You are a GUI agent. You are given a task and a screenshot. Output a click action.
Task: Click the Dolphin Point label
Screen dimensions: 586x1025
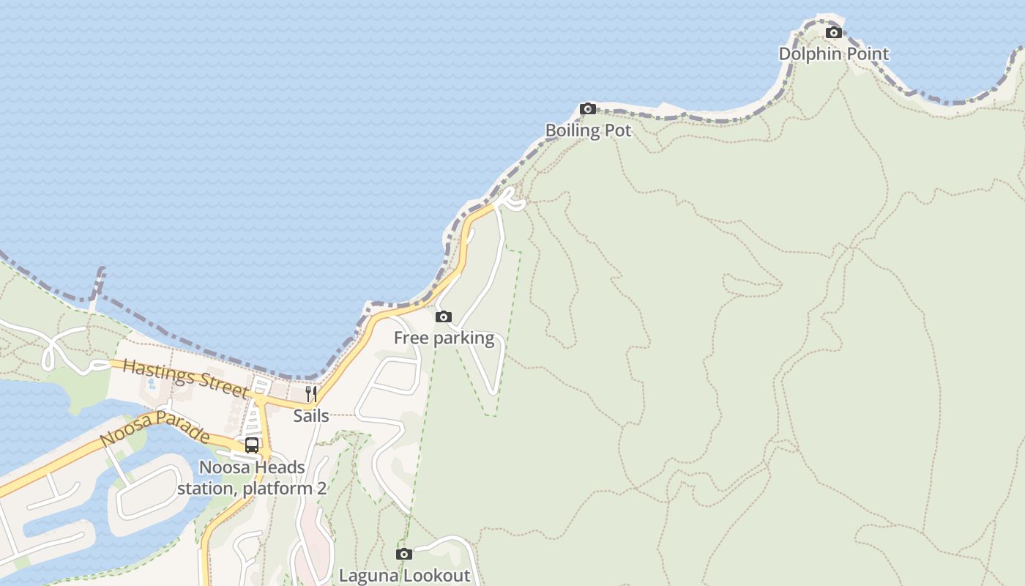pos(833,53)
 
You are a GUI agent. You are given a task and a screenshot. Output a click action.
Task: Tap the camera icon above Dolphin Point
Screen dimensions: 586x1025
pos(833,32)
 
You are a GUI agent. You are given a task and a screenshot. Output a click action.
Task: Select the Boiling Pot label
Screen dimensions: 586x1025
pos(588,130)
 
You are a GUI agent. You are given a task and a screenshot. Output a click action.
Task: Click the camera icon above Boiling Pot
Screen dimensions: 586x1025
pos(587,109)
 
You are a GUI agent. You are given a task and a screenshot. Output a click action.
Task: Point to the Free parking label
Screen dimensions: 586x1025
pos(444,338)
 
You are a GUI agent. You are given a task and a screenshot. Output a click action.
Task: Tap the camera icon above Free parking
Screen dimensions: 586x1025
pos(443,317)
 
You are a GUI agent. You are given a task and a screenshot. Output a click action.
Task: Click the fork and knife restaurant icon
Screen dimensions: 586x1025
pos(311,394)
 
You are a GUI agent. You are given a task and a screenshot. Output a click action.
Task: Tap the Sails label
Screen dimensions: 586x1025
pos(311,415)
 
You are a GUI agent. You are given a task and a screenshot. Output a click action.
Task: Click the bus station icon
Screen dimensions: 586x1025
pos(252,445)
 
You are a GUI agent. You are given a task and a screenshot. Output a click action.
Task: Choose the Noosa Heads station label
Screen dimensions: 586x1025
pos(252,478)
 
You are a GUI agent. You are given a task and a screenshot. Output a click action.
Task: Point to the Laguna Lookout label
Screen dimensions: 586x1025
pos(404,575)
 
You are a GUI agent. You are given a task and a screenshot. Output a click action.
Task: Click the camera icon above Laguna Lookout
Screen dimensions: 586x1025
pos(404,554)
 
